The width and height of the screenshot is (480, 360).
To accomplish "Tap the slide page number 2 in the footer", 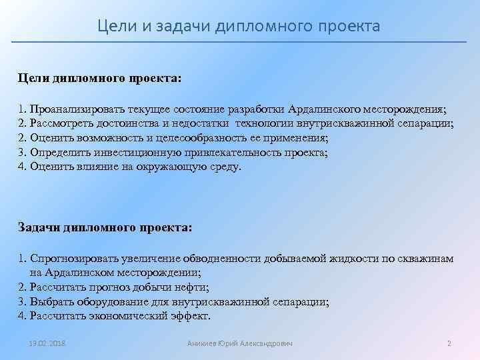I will click(449, 343).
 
